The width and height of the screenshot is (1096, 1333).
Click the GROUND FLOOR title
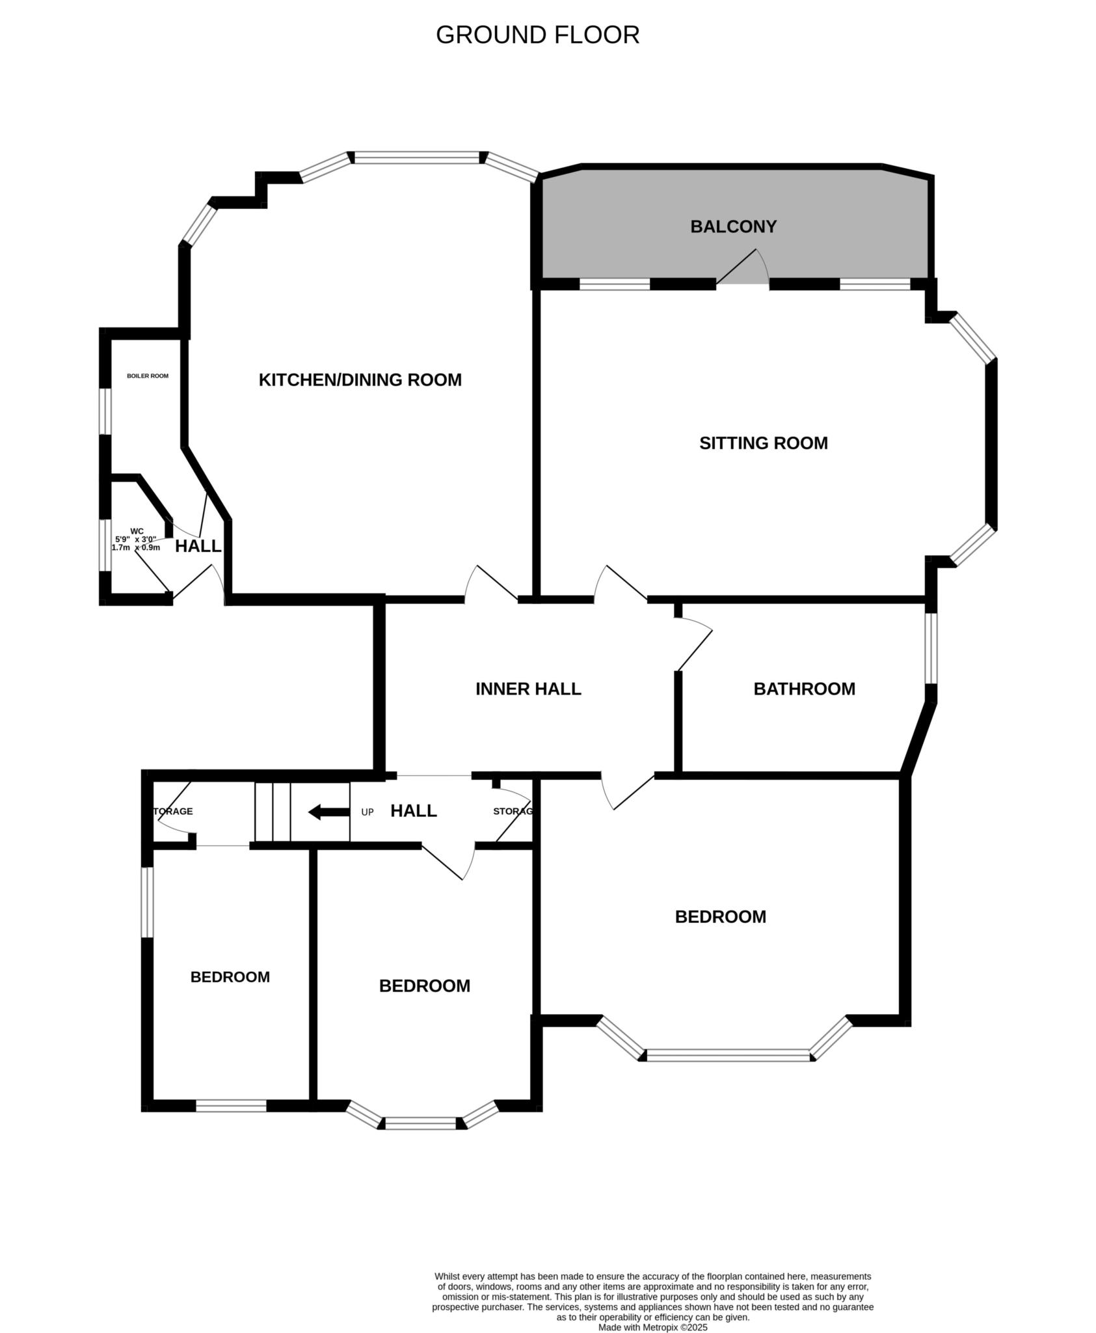(x=537, y=35)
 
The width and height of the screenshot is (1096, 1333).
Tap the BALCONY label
(x=733, y=227)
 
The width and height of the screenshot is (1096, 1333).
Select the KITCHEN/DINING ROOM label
(x=360, y=379)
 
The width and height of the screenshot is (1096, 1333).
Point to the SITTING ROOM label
(x=763, y=443)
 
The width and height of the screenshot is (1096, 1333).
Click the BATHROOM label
(x=804, y=689)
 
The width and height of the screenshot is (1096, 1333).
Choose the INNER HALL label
(x=528, y=689)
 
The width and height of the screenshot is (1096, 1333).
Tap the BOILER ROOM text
(x=148, y=376)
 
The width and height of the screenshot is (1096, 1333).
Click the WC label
(x=137, y=531)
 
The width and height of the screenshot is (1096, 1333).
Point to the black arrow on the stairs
(x=328, y=812)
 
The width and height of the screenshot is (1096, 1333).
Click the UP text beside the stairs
(x=368, y=812)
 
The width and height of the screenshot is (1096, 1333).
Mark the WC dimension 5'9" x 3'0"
(x=136, y=540)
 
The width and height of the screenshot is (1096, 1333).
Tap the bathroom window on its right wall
(x=931, y=648)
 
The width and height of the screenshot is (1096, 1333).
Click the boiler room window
(x=104, y=411)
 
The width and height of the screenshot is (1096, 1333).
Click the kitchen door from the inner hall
(x=491, y=583)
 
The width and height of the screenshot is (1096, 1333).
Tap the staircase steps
(x=273, y=812)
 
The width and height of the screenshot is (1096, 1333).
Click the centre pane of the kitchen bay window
(x=417, y=157)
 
